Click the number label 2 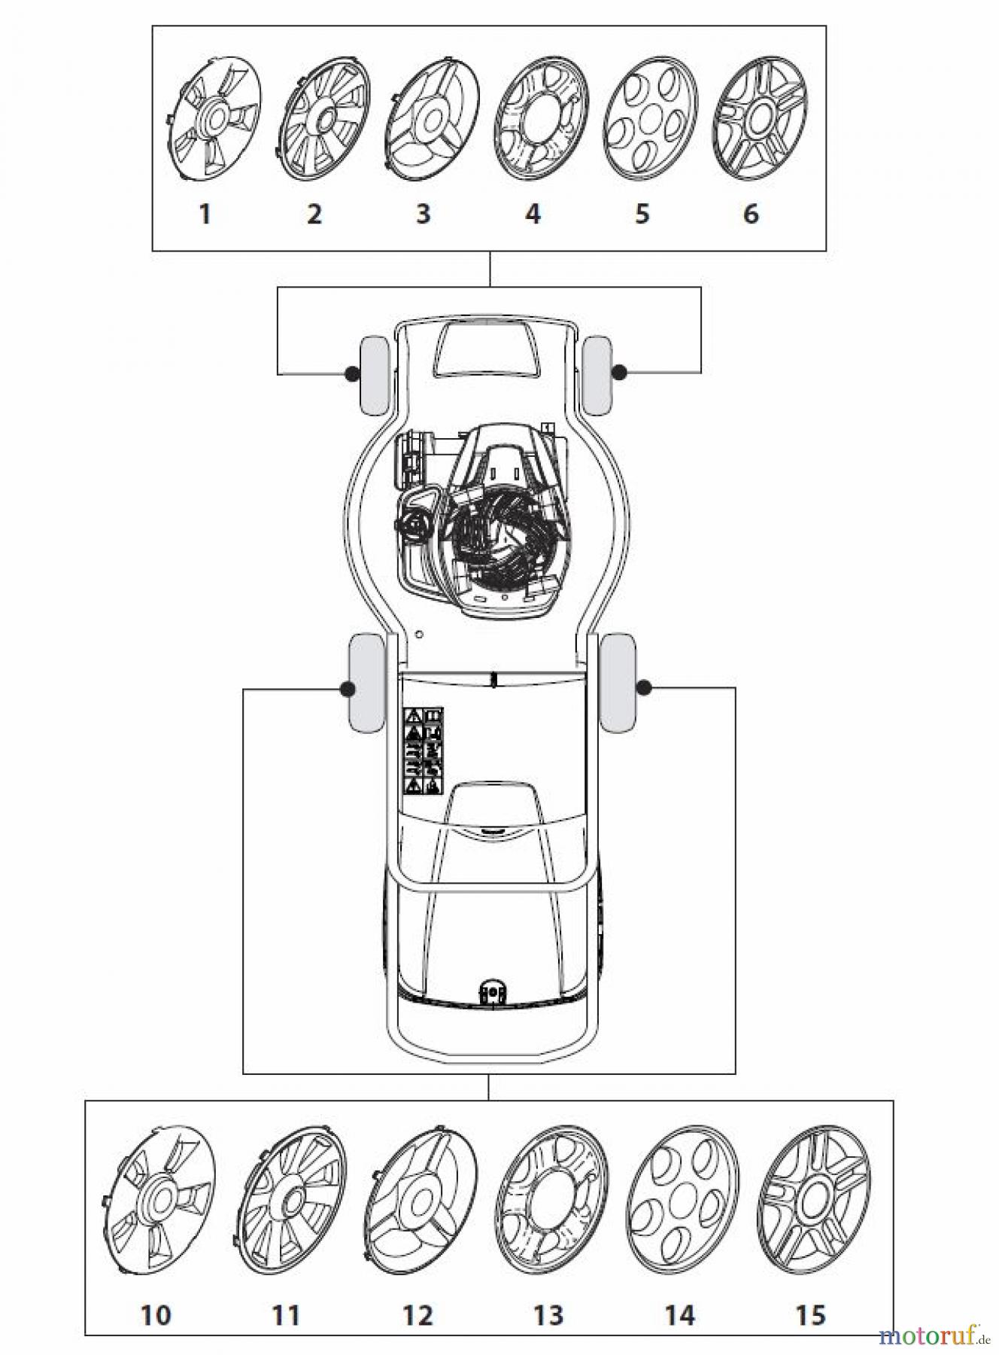click(314, 214)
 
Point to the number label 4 click(533, 214)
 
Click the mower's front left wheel click(375, 376)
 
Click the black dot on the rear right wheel click(645, 687)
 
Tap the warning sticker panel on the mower click(424, 751)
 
